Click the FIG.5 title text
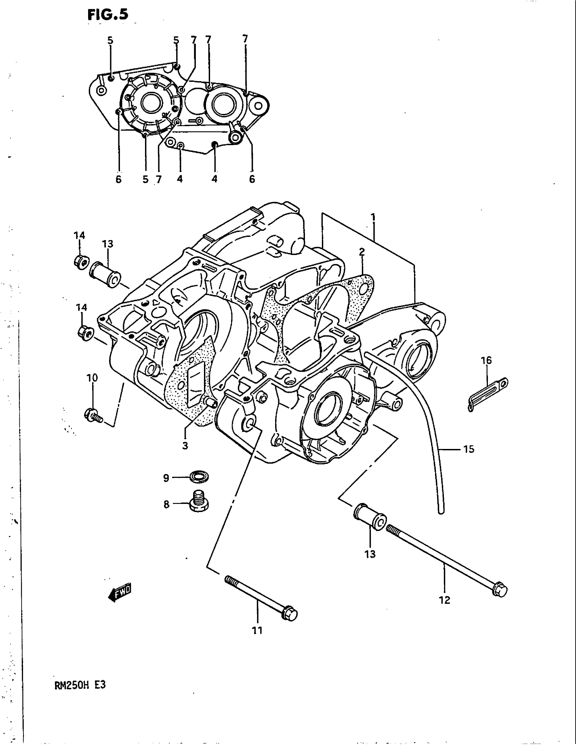(x=108, y=15)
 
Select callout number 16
(x=486, y=360)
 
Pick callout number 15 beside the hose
(x=469, y=449)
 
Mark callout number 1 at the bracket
(x=373, y=217)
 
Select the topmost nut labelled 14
(x=81, y=262)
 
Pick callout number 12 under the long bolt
(x=445, y=600)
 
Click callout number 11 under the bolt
(x=257, y=631)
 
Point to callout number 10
(x=92, y=378)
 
